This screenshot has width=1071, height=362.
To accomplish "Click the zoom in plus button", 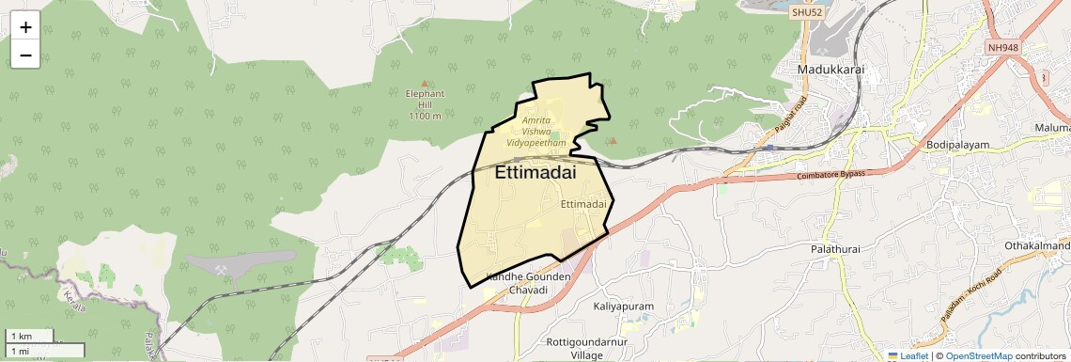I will [25, 27].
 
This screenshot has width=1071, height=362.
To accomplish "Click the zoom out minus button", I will [25, 55].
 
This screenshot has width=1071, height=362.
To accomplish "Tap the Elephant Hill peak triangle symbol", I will [425, 84].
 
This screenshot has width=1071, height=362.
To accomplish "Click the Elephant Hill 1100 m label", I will [425, 104].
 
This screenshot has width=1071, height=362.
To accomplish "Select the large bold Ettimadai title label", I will [535, 173].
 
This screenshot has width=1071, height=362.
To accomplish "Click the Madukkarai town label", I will [830, 71].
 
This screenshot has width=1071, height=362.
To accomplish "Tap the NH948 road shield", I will [1003, 47].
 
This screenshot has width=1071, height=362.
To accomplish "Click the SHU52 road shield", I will [807, 12].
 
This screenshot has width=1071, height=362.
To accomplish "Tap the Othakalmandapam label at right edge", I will [1037, 245].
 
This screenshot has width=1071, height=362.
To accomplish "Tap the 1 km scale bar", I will [33, 336].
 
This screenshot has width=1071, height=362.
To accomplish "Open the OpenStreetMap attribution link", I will [978, 355].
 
